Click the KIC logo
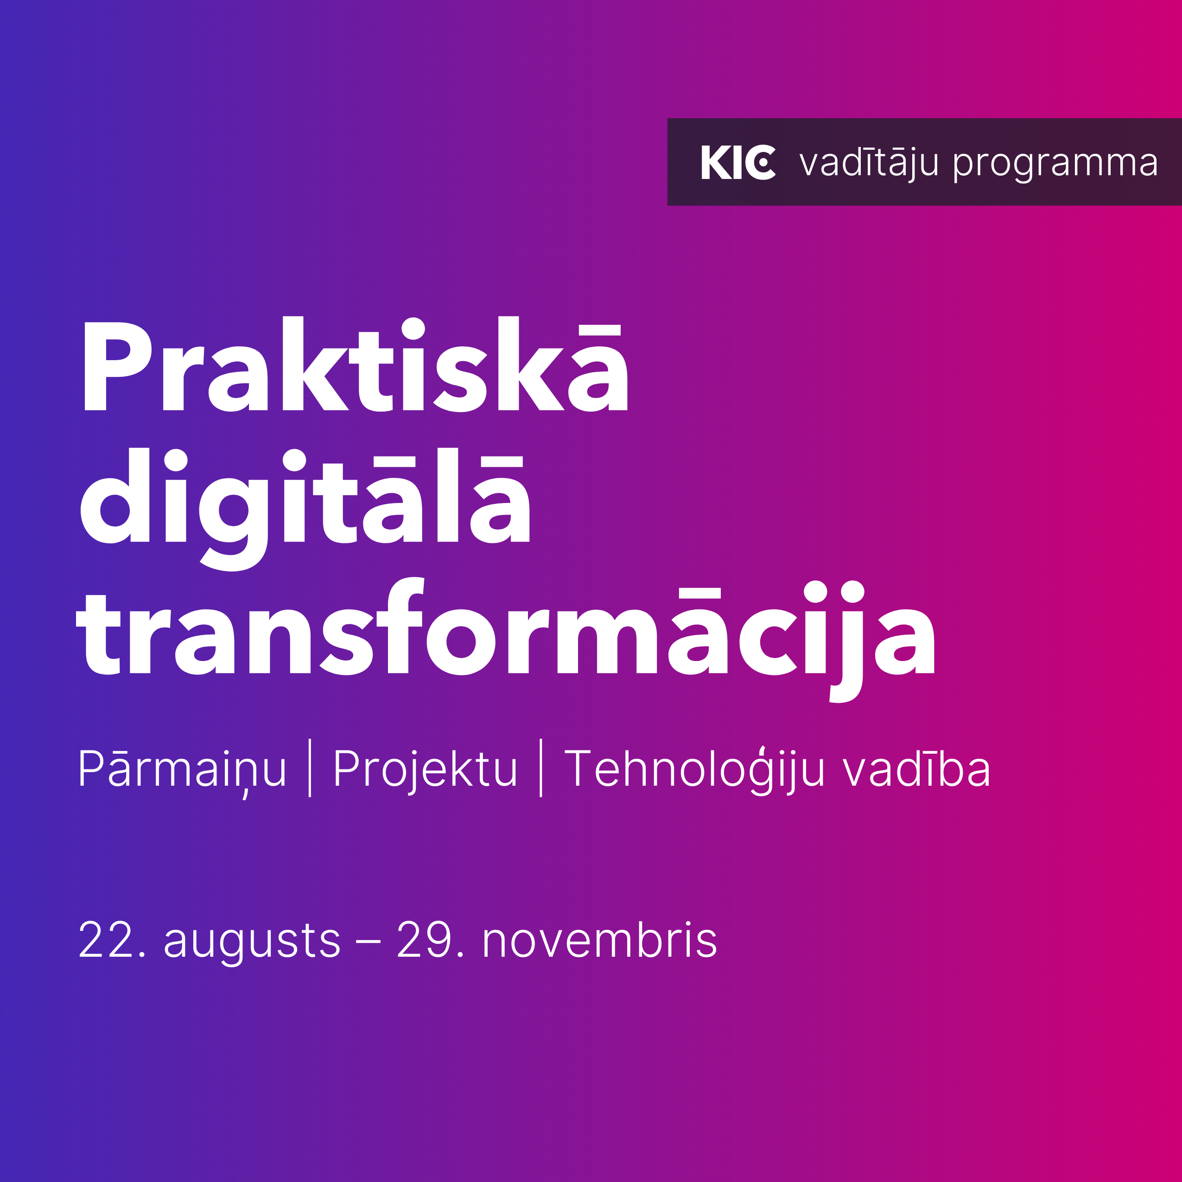(738, 163)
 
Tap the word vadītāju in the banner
(869, 163)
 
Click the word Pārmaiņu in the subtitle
(182, 770)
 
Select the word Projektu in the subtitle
(425, 770)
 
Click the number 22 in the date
(106, 940)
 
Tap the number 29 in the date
(424, 940)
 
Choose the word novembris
(599, 939)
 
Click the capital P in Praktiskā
(117, 366)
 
